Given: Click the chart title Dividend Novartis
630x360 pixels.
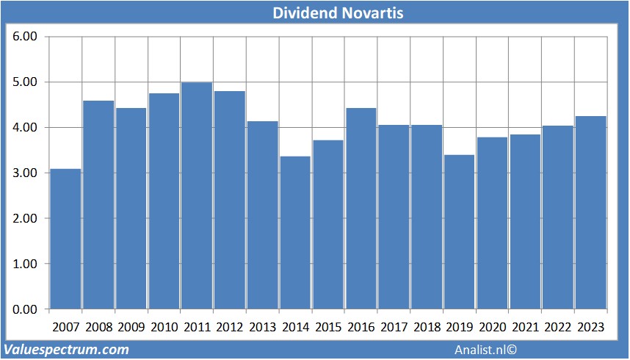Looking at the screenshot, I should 338,12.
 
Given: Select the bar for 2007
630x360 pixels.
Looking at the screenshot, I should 65,239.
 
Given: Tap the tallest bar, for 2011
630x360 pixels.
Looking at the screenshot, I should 197,195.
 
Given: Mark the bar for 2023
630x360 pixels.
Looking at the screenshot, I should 590,212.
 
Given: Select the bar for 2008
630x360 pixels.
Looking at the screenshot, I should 98,205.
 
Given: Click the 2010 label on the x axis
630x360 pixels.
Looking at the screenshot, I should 164,326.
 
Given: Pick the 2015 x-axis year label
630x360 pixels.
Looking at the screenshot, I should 328,326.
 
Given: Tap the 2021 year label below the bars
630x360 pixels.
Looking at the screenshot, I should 525,326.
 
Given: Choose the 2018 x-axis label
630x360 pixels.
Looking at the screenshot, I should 427,326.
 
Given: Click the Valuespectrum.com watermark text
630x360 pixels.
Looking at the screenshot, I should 66,350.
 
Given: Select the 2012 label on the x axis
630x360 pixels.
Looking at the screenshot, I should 230,326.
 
